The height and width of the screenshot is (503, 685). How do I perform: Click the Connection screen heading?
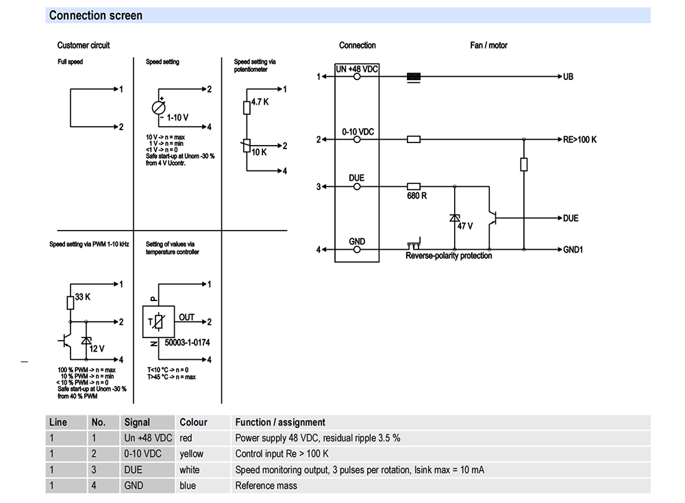click(96, 16)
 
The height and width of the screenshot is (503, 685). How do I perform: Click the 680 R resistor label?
click(416, 196)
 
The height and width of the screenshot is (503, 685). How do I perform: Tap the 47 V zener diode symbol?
click(455, 218)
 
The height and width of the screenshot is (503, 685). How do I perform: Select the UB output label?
click(568, 77)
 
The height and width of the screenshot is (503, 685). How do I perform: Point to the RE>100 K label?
click(580, 140)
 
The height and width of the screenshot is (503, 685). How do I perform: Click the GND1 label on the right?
click(573, 250)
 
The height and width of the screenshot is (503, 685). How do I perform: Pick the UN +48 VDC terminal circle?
click(357, 77)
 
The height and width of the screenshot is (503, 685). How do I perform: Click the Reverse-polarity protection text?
click(449, 256)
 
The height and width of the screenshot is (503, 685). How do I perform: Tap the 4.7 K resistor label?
click(260, 102)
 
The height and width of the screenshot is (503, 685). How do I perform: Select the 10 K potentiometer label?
click(259, 153)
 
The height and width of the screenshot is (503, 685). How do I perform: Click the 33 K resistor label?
click(83, 297)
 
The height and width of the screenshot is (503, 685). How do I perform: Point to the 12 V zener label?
click(97, 349)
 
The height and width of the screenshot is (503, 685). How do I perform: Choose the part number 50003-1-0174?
click(187, 343)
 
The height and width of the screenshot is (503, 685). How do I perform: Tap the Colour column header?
click(194, 422)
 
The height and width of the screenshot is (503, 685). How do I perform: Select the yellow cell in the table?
click(191, 454)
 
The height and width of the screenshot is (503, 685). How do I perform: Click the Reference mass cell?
click(266, 485)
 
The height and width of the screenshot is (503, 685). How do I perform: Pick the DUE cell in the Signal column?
click(134, 470)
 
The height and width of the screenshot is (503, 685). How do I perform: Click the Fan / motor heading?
click(489, 45)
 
